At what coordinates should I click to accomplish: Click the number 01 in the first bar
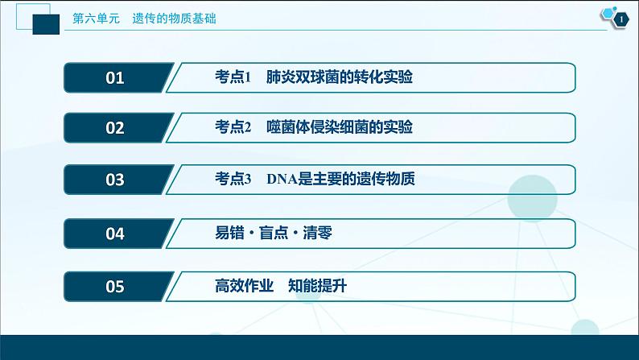point(115,78)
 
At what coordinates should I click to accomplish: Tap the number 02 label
point(115,128)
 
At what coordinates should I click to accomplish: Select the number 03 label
point(115,180)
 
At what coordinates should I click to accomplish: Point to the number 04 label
point(115,234)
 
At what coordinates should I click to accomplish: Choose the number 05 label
point(115,287)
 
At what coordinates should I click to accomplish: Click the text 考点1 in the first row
point(234,78)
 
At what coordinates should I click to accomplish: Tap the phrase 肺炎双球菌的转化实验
point(344,78)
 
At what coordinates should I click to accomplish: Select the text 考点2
point(234,128)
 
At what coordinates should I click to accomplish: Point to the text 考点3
point(234,180)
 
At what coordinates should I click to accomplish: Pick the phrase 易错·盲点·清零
point(274,234)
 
